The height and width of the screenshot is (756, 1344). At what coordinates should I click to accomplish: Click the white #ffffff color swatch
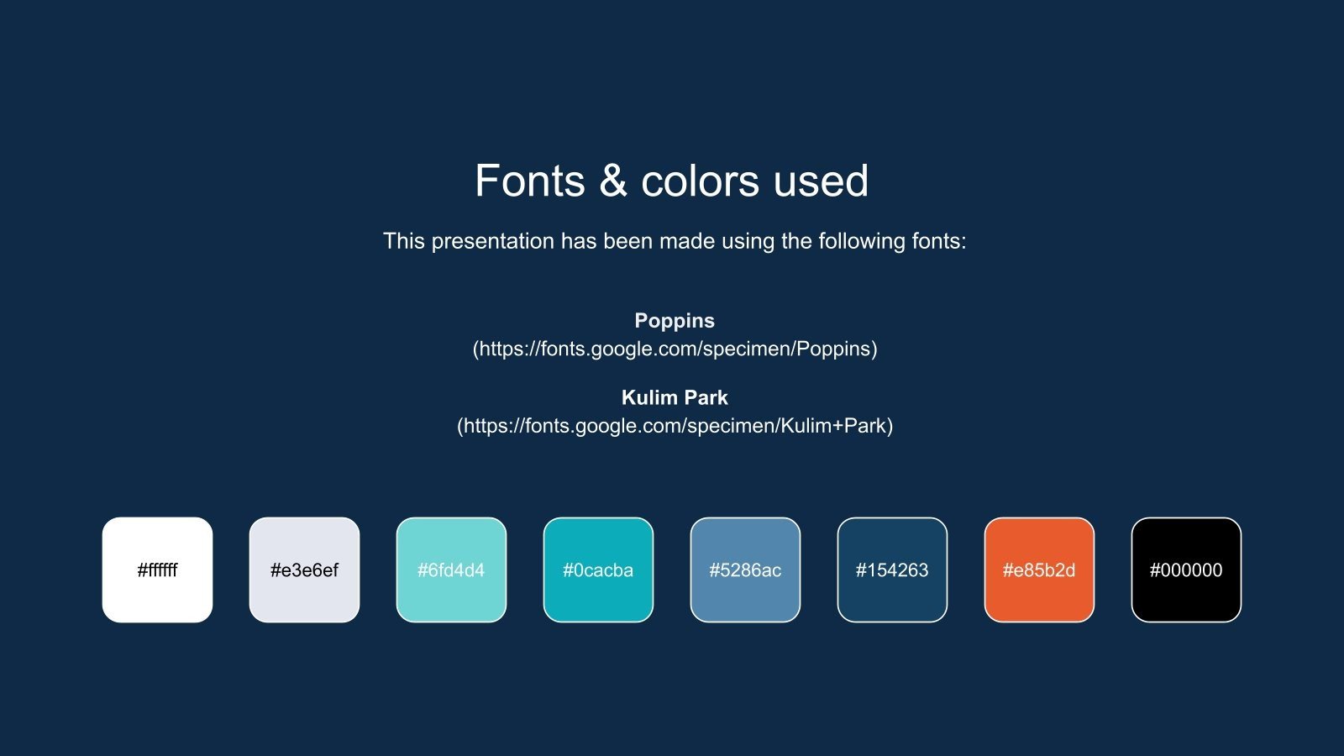tap(157, 570)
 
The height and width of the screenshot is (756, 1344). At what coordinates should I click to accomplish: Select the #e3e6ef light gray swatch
tap(304, 570)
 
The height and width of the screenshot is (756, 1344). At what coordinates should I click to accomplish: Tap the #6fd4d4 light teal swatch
tap(451, 570)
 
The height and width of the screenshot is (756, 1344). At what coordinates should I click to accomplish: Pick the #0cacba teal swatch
tap(598, 570)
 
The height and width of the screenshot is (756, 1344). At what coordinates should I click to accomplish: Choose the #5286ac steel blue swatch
tap(745, 570)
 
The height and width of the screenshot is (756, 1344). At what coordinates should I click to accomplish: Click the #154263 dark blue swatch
tap(892, 570)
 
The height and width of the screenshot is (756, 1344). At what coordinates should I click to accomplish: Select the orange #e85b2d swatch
tap(1039, 570)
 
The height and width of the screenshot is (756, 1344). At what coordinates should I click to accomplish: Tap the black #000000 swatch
tap(1186, 570)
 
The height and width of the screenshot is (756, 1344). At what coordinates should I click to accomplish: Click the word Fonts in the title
tap(530, 181)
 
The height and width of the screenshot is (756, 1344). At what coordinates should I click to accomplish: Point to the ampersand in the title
tap(613, 181)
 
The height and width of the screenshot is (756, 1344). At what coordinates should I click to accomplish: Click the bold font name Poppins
tap(675, 321)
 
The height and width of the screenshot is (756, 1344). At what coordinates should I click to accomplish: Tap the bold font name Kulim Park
tap(675, 397)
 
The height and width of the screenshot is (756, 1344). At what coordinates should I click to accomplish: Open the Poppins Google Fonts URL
tap(675, 349)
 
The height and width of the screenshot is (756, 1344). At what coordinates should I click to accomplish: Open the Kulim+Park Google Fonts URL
tap(675, 426)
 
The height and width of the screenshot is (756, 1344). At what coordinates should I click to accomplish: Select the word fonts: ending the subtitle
tap(940, 242)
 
